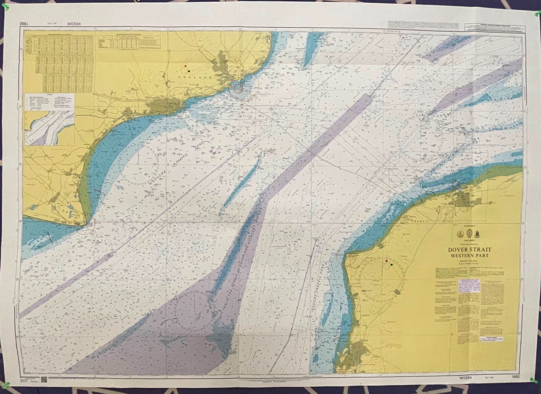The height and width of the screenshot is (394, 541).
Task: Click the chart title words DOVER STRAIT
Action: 470,250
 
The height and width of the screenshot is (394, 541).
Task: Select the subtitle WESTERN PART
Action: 470,256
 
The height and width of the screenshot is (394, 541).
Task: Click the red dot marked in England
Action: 186,66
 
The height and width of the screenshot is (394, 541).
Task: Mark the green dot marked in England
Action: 189,71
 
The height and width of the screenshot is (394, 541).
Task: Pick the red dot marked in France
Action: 386,261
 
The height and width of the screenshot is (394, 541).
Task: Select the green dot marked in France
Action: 392,265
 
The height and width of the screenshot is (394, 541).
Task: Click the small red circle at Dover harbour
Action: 238,89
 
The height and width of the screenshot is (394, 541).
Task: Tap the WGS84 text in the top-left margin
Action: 74,24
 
